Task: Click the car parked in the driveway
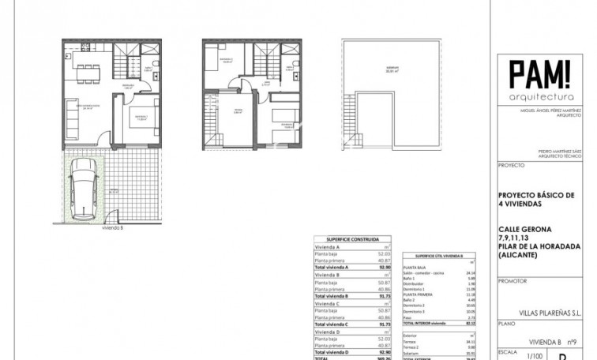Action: [x=83, y=189]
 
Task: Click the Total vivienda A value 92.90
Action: [x=384, y=267]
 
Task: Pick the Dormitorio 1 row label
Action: [x=417, y=289]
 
